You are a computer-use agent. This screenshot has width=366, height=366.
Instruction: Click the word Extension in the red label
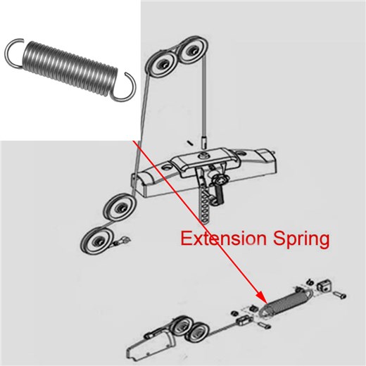[x=224, y=239]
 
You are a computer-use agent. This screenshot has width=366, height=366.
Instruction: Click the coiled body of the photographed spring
[x=70, y=68]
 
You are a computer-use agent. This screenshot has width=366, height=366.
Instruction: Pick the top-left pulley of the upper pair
[x=163, y=64]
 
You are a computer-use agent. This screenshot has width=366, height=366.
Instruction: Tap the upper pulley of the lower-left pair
[x=120, y=206]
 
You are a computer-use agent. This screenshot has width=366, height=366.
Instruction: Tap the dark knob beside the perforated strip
[x=220, y=192]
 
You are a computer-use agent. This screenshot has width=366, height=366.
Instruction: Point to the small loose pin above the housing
[x=190, y=142]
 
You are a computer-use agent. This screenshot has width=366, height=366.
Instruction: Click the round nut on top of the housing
[x=202, y=155]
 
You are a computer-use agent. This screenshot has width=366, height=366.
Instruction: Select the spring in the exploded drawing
[x=286, y=302]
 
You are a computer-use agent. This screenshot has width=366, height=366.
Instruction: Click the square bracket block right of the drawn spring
[x=324, y=285]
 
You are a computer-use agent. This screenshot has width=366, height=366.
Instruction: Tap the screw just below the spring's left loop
[x=264, y=325]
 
